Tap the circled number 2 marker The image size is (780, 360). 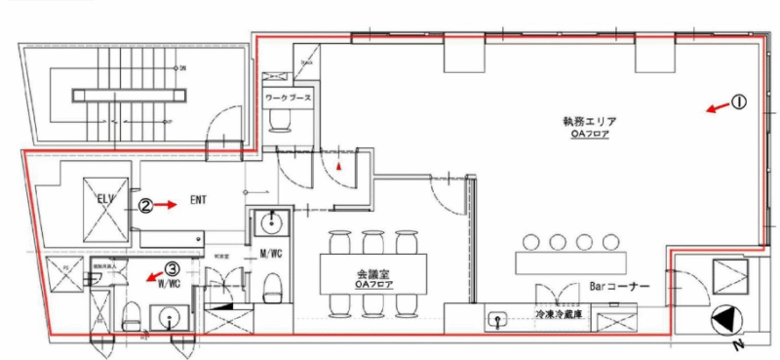(x=144, y=206)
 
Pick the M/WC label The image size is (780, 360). (x=270, y=257)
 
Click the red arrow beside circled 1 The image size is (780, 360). (x=717, y=107)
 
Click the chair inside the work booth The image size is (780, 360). (x=287, y=118)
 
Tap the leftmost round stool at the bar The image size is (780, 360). (x=532, y=242)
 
